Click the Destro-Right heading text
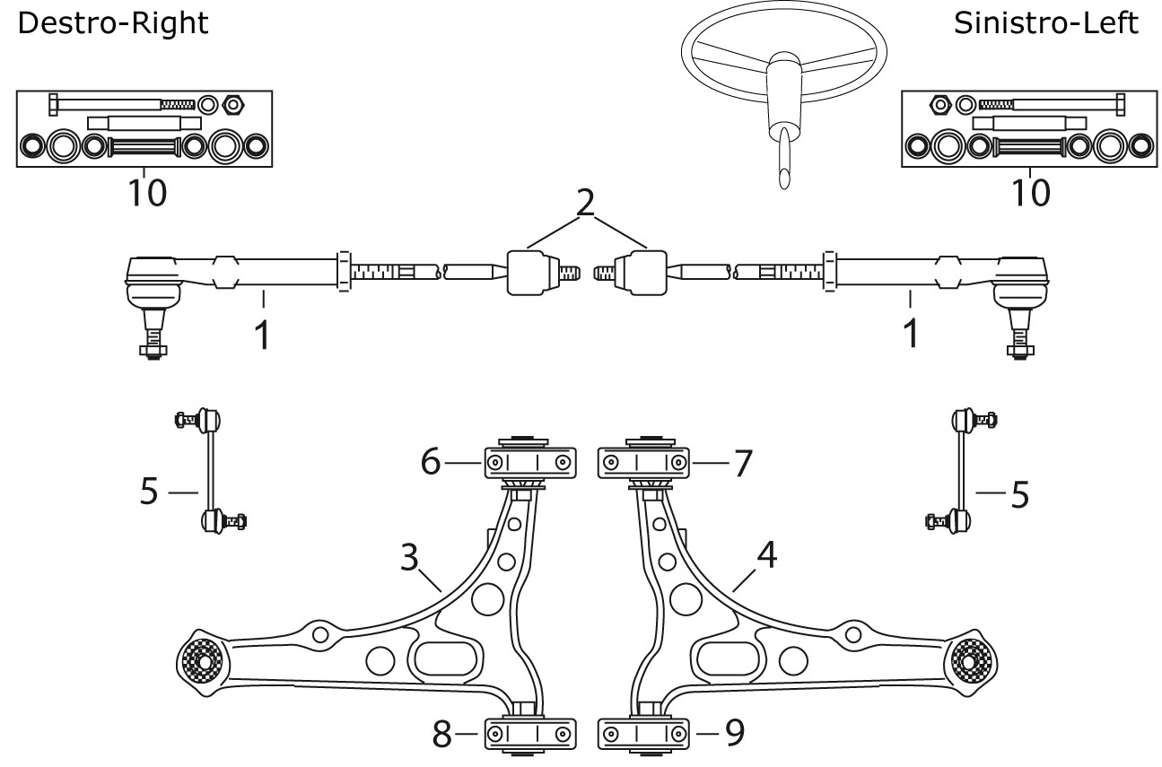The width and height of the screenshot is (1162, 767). click(x=113, y=24)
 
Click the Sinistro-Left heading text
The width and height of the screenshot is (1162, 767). click(x=1045, y=24)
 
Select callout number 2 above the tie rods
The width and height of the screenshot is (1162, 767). click(x=585, y=203)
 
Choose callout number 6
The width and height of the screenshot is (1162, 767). click(x=430, y=463)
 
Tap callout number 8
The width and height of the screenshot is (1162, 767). click(x=442, y=735)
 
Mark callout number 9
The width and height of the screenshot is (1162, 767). click(x=733, y=734)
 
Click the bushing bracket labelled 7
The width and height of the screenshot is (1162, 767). click(x=643, y=462)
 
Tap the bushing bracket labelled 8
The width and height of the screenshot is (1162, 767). click(x=529, y=734)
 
